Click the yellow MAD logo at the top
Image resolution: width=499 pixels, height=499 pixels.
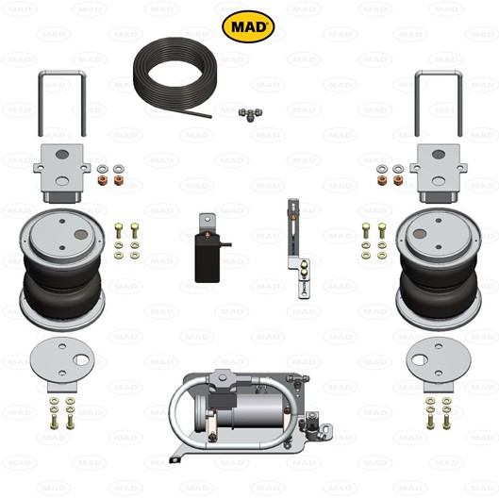coord(248,26)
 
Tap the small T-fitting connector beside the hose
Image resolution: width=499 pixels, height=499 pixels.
coord(251,114)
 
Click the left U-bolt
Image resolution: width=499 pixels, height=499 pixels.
coord(62,74)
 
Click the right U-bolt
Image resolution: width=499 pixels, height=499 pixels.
coord(439,74)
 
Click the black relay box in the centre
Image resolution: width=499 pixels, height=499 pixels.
coord(208,258)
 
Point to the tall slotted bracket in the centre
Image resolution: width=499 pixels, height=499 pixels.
coord(298,248)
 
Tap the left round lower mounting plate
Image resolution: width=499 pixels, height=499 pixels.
coord(62,364)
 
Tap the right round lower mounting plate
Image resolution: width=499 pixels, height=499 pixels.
coord(439,364)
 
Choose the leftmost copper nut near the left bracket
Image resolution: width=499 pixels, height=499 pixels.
coord(103,180)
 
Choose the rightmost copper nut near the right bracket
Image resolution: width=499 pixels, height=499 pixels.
coord(398,180)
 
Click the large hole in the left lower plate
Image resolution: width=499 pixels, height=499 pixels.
coord(81,360)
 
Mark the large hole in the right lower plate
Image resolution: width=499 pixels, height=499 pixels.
coord(420,360)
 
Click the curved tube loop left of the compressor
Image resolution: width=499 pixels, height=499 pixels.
coord(173,410)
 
